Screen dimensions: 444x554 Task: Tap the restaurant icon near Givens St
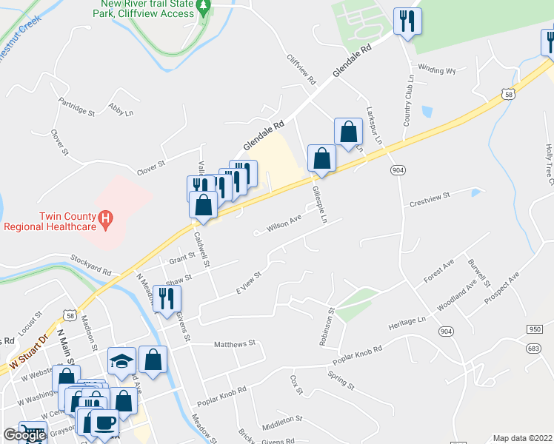(x=167, y=298)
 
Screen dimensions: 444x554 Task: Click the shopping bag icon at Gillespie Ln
(x=321, y=158)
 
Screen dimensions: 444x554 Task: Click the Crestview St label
(x=430, y=200)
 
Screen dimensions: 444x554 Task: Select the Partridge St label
(x=77, y=109)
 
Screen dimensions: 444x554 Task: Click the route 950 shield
(x=535, y=329)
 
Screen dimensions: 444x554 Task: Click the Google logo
(x=24, y=435)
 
